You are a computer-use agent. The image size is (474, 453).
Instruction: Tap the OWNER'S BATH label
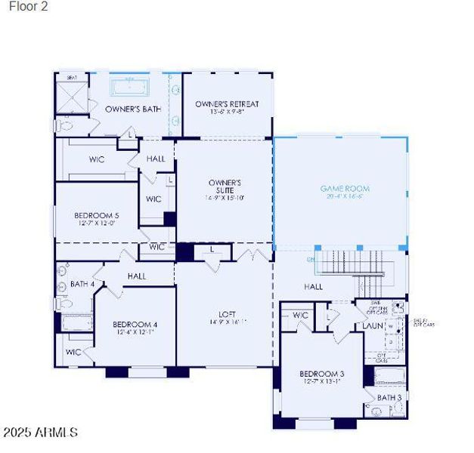pos(133,109)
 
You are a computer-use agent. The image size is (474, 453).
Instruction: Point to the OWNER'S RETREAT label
pos(227,104)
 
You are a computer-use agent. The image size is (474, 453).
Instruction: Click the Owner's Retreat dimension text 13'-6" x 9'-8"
pos(227,114)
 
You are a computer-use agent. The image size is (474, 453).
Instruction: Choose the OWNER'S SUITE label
pos(225,186)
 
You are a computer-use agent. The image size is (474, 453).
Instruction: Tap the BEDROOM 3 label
pos(321,374)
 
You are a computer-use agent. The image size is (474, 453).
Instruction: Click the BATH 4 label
pos(82,284)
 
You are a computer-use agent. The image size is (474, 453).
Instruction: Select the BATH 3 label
pos(389,397)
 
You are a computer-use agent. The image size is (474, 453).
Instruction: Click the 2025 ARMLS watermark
pos(39,433)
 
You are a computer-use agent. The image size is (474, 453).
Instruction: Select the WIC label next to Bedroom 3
pos(300,316)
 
